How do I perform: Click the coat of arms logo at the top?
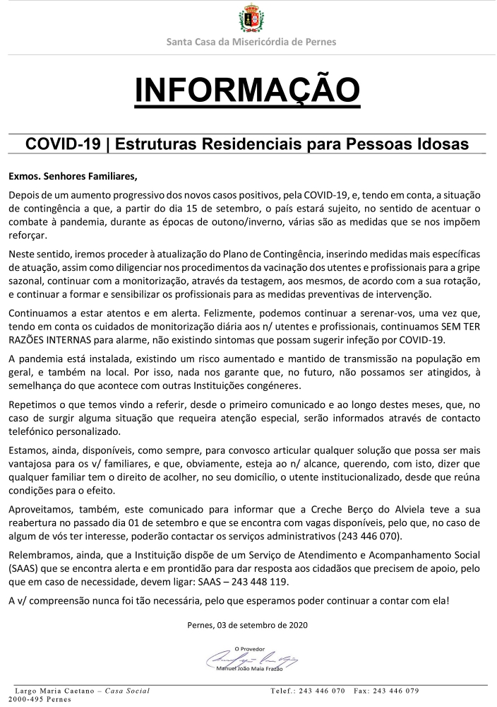[x=251, y=18]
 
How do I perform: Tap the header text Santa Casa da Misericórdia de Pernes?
[x=251, y=42]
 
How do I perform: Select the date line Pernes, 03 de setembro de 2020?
[x=248, y=625]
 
